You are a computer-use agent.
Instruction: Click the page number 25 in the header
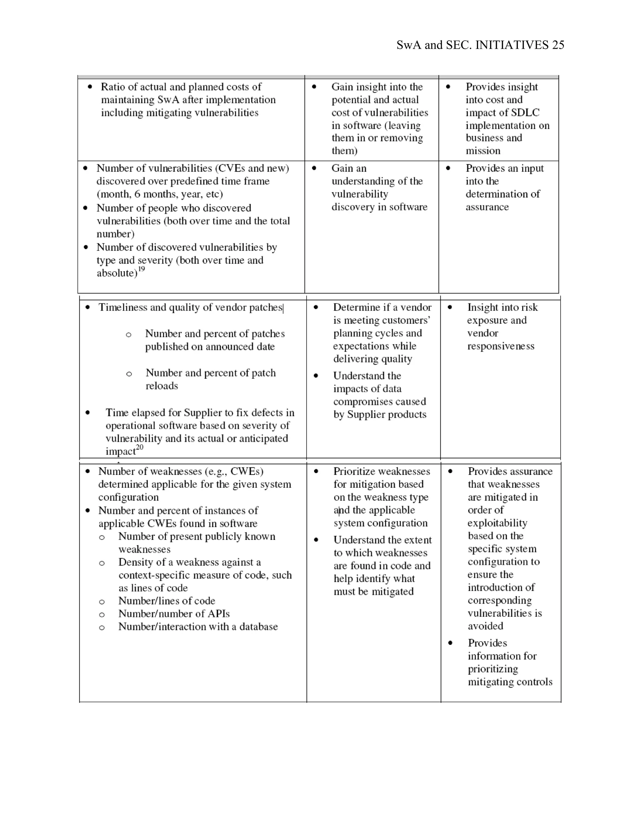[558, 45]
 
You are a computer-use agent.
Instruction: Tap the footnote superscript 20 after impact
[139, 447]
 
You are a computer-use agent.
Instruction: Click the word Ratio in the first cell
[112, 87]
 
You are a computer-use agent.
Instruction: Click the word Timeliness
[123, 307]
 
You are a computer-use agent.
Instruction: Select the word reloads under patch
[162, 386]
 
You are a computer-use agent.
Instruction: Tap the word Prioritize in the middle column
[357, 471]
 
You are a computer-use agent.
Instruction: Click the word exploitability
[497, 523]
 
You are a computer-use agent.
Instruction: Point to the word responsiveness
[501, 346]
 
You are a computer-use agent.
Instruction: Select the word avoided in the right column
[485, 626]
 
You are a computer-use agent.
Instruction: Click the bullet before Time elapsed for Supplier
[87, 413]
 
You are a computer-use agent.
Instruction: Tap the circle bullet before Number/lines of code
[102, 602]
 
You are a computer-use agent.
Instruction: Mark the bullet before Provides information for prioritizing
[450, 643]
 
